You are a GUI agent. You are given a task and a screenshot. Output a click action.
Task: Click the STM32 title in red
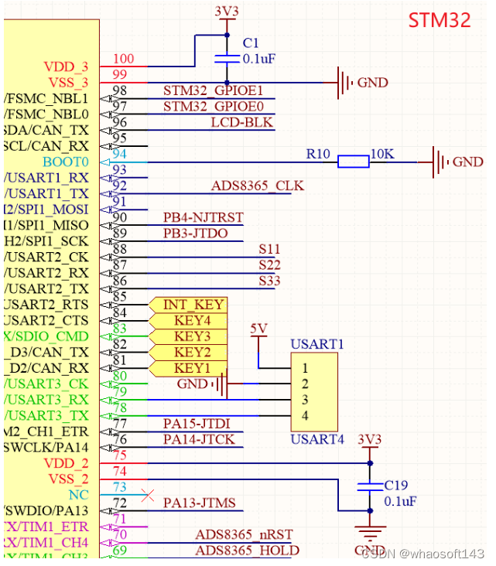pyautogui.click(x=440, y=20)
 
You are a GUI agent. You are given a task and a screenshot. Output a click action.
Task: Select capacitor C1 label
pyautogui.click(x=251, y=43)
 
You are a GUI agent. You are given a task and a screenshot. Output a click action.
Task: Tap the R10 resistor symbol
pyautogui.click(x=353, y=162)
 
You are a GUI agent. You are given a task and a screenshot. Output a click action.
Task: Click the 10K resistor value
pyautogui.click(x=382, y=155)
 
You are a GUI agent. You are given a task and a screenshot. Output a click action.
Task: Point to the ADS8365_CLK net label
pyautogui.click(x=258, y=186)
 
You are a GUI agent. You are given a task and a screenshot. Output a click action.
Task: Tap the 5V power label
pyautogui.click(x=258, y=329)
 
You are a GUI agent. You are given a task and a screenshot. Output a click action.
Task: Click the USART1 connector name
pyautogui.click(x=316, y=344)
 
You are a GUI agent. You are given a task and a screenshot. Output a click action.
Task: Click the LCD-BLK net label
pyautogui.click(x=242, y=123)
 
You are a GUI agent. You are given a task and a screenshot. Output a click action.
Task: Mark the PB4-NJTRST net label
pyautogui.click(x=204, y=218)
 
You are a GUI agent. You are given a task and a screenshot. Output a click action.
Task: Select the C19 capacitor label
pyautogui.click(x=397, y=486)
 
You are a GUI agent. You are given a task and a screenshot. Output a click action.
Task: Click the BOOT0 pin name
pyautogui.click(x=66, y=162)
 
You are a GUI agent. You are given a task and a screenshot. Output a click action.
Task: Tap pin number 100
pyautogui.click(x=123, y=59)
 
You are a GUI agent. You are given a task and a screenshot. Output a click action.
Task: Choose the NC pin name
pyautogui.click(x=79, y=494)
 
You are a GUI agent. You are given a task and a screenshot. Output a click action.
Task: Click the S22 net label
pyautogui.click(x=269, y=265)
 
